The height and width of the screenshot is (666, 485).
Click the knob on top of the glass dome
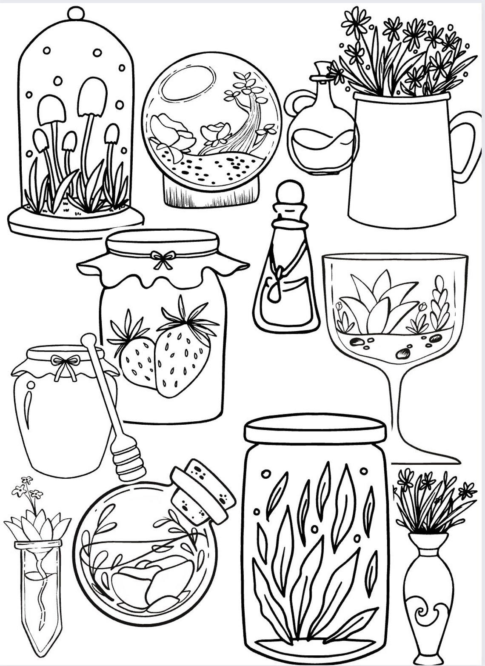[76, 12]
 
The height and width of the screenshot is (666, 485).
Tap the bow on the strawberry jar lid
[163, 259]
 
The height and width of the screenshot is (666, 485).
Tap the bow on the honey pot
[65, 364]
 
